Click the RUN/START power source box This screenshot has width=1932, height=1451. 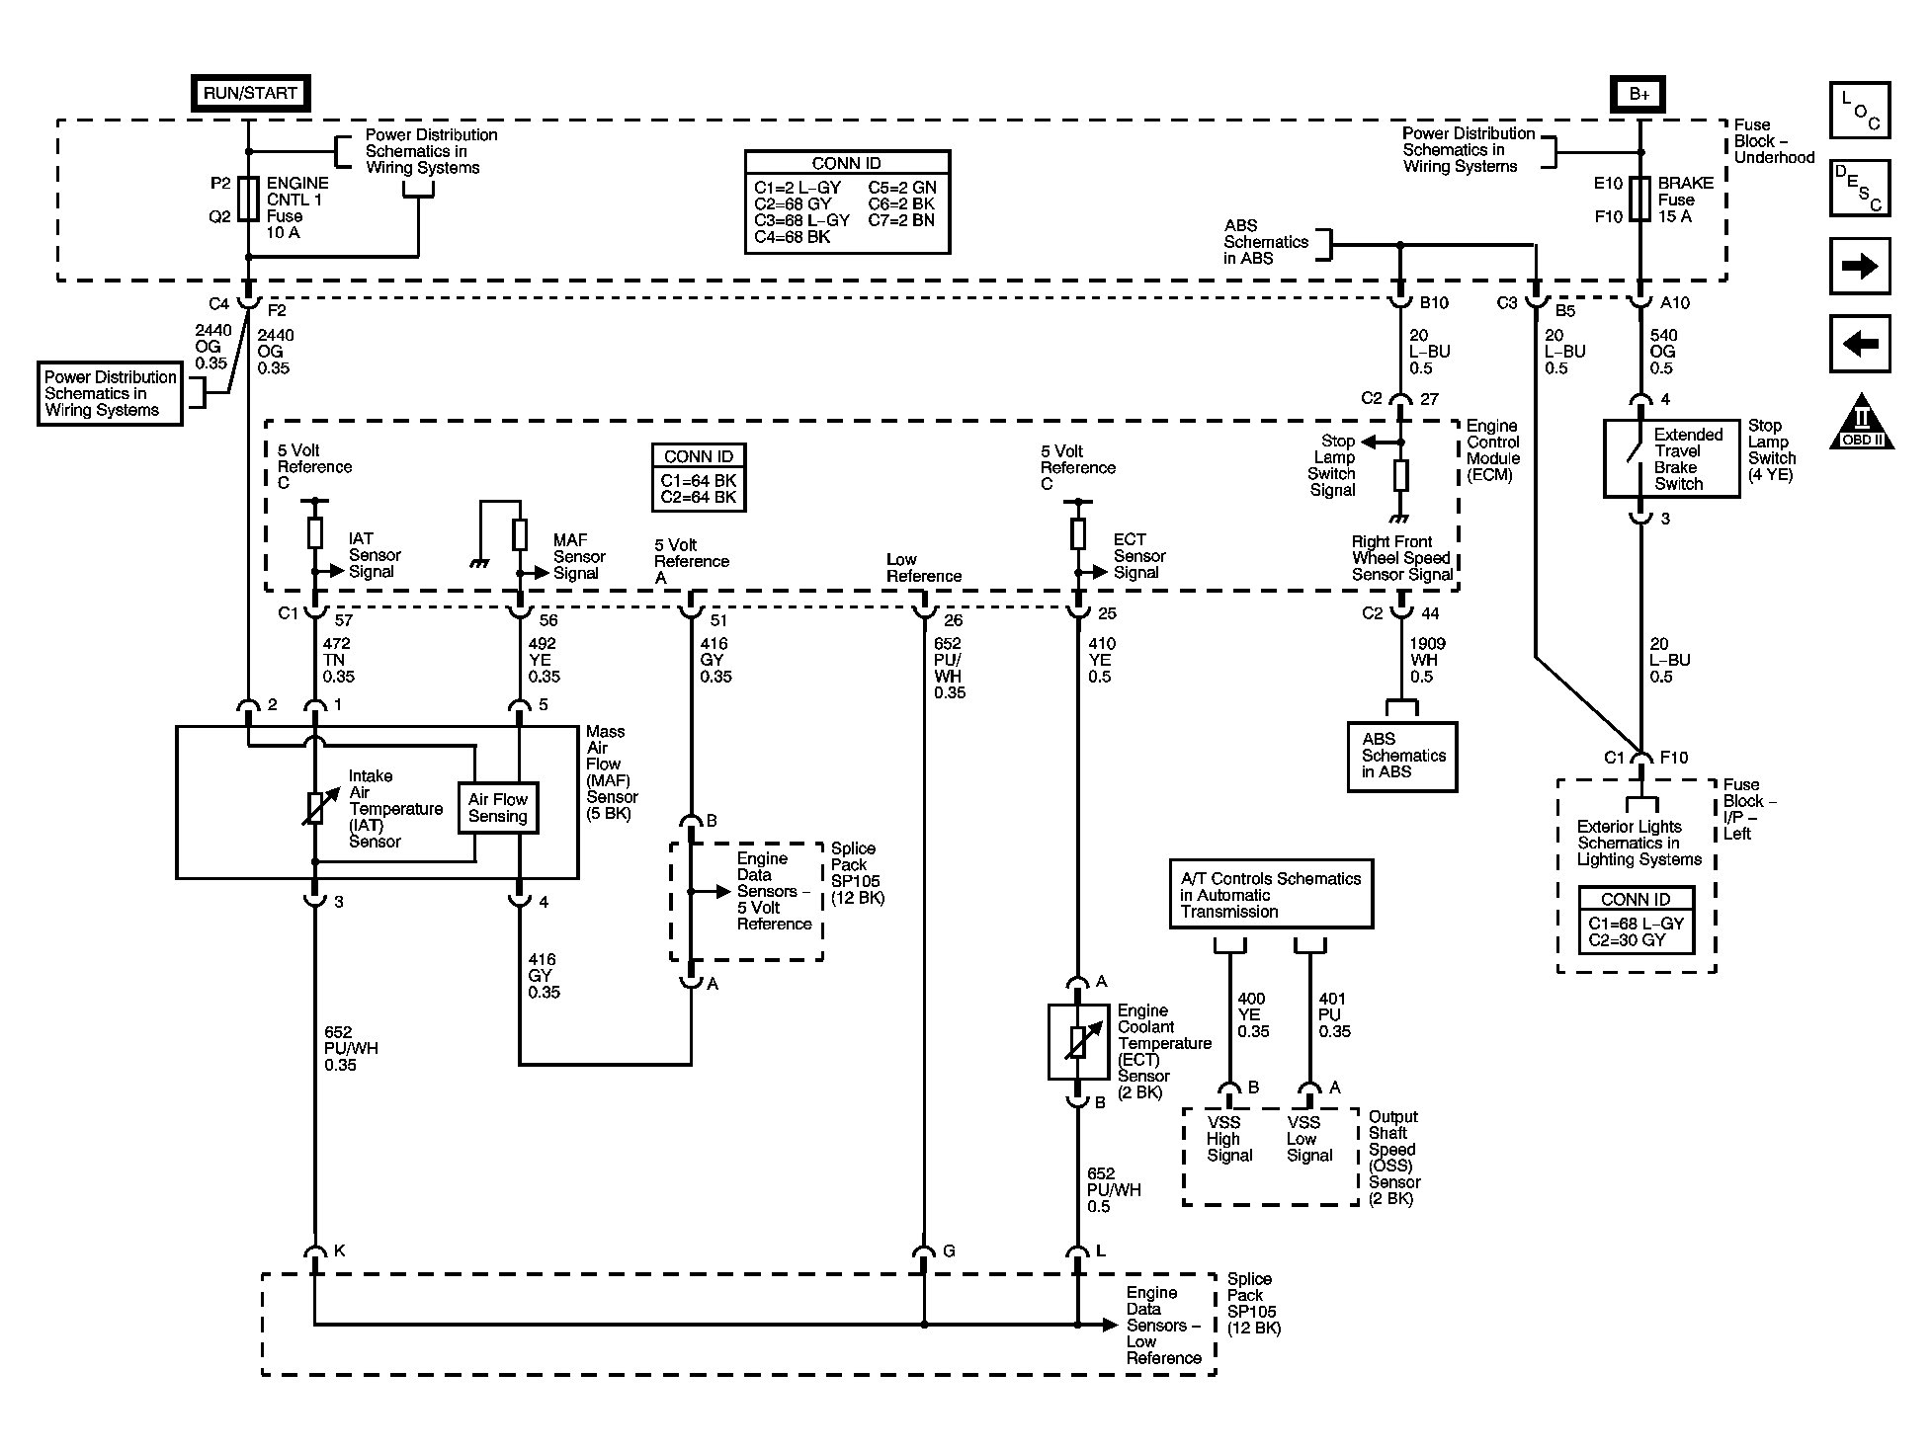pyautogui.click(x=249, y=93)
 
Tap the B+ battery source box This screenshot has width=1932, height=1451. pyautogui.click(x=1638, y=94)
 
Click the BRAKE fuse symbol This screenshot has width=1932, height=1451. pyautogui.click(x=1640, y=199)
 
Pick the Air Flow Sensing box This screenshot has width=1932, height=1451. pyautogui.click(x=497, y=808)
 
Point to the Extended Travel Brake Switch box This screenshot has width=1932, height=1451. pyautogui.click(x=1671, y=458)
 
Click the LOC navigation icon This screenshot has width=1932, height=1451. pyautogui.click(x=1859, y=110)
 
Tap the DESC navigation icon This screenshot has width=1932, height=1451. pyautogui.click(x=1859, y=188)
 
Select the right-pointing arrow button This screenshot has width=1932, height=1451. pyautogui.click(x=1859, y=266)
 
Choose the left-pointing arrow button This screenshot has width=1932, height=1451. pyautogui.click(x=1859, y=344)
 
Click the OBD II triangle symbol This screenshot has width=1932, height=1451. pyautogui.click(x=1862, y=422)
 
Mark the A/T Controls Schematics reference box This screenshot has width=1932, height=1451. pyautogui.click(x=1270, y=894)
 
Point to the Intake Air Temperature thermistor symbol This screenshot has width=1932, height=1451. pyautogui.click(x=315, y=808)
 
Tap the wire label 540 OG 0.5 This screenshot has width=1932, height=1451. pyautogui.click(x=1663, y=351)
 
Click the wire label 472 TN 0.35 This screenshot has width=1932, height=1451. pyautogui.click(x=338, y=660)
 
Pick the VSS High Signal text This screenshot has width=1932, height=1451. pyautogui.click(x=1229, y=1139)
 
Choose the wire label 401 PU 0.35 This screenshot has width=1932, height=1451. pyautogui.click(x=1334, y=1014)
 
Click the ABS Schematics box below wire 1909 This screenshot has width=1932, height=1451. pyautogui.click(x=1401, y=756)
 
